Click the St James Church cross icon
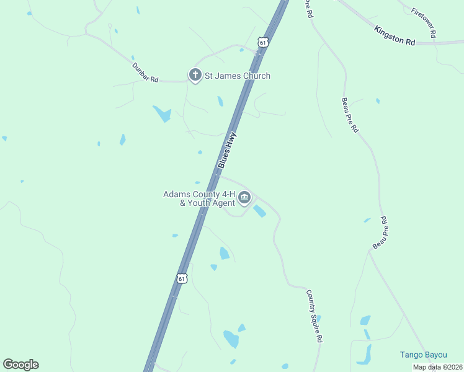pos(195,76)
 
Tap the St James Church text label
pos(237,76)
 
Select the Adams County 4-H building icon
pos(244,198)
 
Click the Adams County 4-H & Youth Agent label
pos(199,198)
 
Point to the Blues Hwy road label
pos(228,151)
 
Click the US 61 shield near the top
pos(264,43)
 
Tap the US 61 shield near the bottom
pos(181,278)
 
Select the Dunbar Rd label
pos(145,73)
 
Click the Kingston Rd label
pos(395,35)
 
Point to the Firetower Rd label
pos(424,23)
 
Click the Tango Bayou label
pos(422,355)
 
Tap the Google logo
pos(20,365)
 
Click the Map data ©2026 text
pos(437,367)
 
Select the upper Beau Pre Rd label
pos(350,115)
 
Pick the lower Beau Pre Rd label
pos(380,233)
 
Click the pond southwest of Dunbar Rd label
pos(163,113)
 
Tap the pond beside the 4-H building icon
pos(259,211)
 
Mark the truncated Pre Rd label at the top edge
pos(308,9)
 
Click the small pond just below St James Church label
pos(220,101)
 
